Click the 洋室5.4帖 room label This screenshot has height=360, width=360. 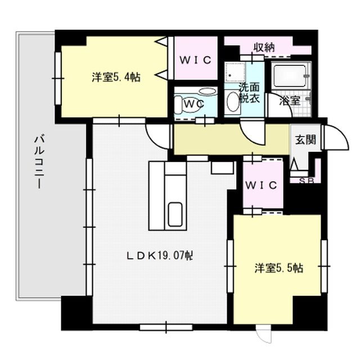click(116, 78)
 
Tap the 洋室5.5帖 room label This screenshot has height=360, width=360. click(278, 268)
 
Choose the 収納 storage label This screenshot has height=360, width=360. click(263, 48)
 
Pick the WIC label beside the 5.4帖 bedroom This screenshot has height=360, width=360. click(195, 60)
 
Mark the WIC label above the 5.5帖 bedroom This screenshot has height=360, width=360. click(262, 185)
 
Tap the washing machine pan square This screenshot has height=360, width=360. click(236, 73)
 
